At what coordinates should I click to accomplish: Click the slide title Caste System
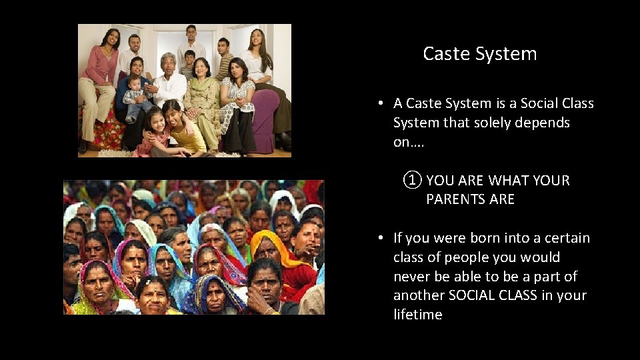pyautogui.click(x=479, y=54)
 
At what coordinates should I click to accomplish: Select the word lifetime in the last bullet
pyautogui.click(x=418, y=315)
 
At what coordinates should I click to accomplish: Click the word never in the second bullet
pyautogui.click(x=411, y=277)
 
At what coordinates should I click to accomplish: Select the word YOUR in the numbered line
pyautogui.click(x=551, y=181)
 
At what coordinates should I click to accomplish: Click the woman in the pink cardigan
pyautogui.click(x=101, y=73)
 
